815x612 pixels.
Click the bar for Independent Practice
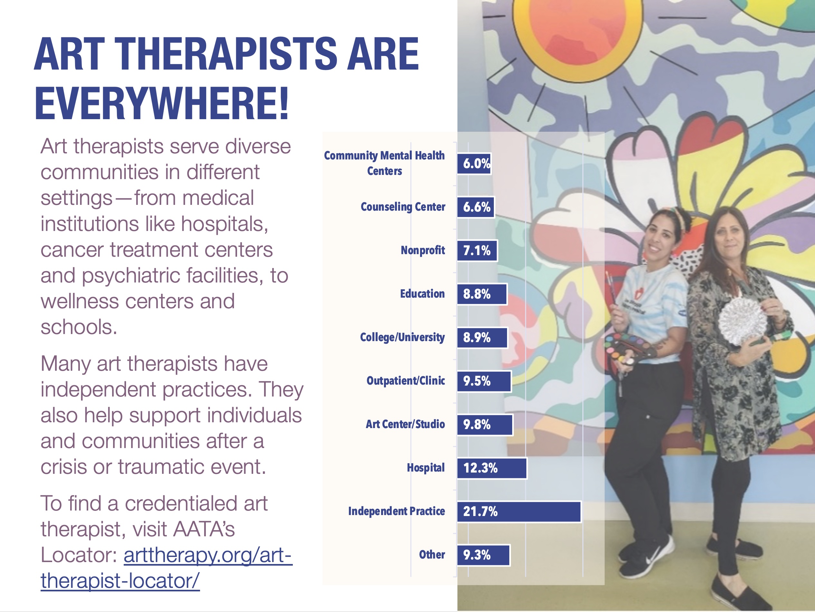(x=519, y=512)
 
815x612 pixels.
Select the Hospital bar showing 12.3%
(x=492, y=468)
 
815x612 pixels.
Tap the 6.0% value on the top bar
(x=476, y=163)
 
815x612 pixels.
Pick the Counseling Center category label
(x=403, y=207)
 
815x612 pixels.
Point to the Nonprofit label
(x=423, y=251)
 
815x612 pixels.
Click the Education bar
(x=482, y=294)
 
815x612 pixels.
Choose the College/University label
(x=402, y=338)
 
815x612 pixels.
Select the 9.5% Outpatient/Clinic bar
(x=484, y=381)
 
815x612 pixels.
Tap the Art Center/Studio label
(x=405, y=425)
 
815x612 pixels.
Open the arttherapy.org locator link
(x=167, y=568)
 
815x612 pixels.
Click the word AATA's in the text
(x=204, y=530)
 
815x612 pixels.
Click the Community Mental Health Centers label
(x=384, y=163)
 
